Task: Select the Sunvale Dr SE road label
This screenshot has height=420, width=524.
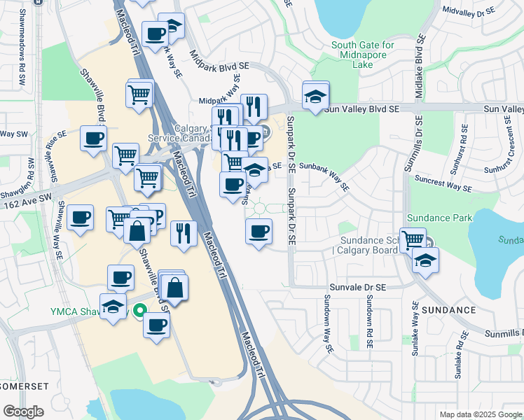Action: pyautogui.click(x=358, y=287)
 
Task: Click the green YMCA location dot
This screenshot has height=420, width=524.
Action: pyautogui.click(x=139, y=311)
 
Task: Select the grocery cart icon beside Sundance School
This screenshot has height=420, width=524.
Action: pyautogui.click(x=413, y=239)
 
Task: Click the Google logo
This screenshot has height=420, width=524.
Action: pyautogui.click(x=23, y=412)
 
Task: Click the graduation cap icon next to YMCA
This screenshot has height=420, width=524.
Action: pyautogui.click(x=112, y=307)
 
